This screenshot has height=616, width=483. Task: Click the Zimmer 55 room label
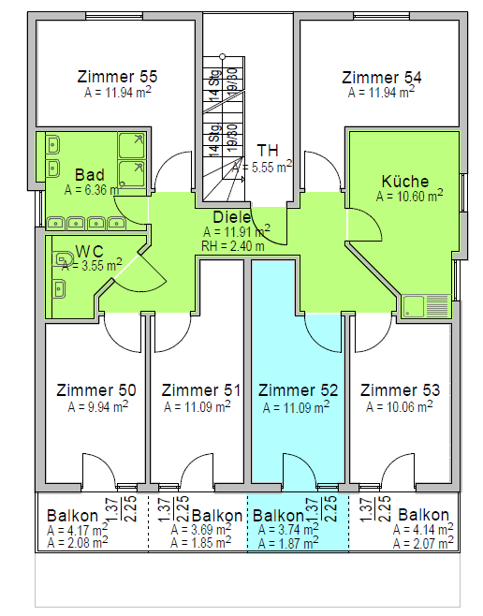tap(117, 77)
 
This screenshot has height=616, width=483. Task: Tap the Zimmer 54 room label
tap(382, 78)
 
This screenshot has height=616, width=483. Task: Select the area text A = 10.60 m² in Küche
tap(410, 196)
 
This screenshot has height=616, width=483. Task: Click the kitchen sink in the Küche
tap(426, 306)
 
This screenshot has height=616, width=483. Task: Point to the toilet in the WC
tap(63, 259)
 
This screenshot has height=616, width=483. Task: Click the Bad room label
tap(90, 175)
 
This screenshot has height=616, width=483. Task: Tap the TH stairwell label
tap(268, 151)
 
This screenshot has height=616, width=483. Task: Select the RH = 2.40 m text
tap(233, 246)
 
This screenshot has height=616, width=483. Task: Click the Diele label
tap(232, 217)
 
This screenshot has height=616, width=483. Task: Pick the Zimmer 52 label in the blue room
tap(298, 390)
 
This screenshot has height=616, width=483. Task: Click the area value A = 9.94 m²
tap(98, 406)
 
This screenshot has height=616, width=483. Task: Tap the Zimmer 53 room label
tap(400, 390)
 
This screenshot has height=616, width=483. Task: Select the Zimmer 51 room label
tap(201, 390)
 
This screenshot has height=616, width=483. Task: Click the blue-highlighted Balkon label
tap(278, 516)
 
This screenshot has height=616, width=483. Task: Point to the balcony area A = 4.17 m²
tap(78, 530)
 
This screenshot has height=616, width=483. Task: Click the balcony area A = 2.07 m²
tap(423, 543)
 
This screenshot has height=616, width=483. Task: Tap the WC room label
tap(90, 252)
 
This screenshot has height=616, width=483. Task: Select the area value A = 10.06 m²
tap(400, 406)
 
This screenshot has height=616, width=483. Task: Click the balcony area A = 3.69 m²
tap(201, 529)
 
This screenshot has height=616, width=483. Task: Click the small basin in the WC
tap(59, 288)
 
